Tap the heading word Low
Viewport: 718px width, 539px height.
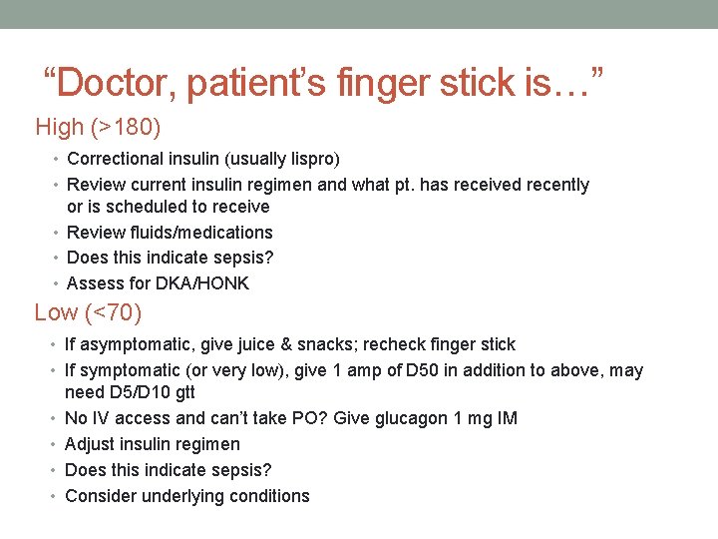pos(56,313)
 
